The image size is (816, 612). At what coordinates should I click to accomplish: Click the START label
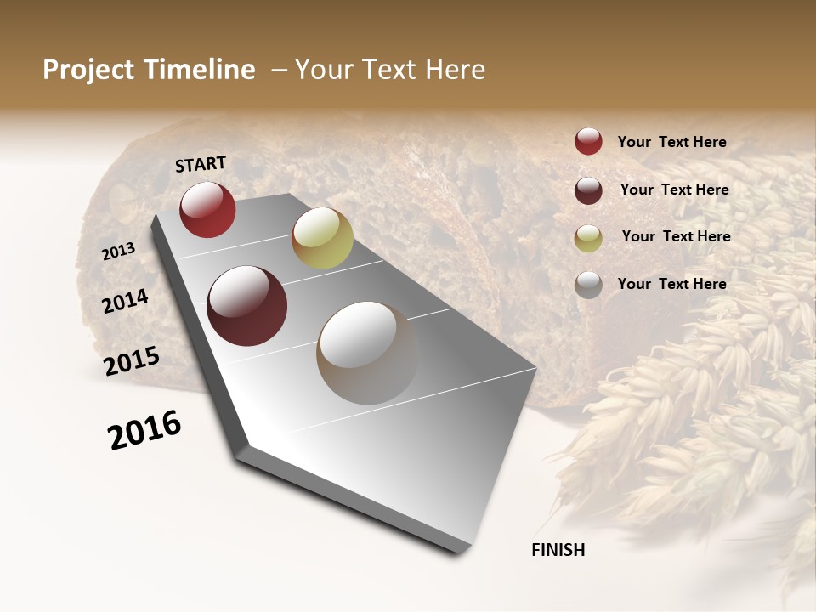pyautogui.click(x=201, y=164)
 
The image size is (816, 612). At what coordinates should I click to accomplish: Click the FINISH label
pyautogui.click(x=558, y=550)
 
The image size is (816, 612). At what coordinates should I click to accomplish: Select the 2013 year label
pyautogui.click(x=118, y=252)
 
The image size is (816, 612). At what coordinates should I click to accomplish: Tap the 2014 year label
pyautogui.click(x=125, y=301)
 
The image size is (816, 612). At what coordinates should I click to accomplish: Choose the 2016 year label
pyautogui.click(x=144, y=430)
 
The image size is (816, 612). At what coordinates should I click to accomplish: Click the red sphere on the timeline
pyautogui.click(x=207, y=210)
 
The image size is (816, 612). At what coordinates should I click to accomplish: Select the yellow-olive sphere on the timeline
pyautogui.click(x=322, y=238)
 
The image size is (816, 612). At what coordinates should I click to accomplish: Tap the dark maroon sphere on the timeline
pyautogui.click(x=246, y=306)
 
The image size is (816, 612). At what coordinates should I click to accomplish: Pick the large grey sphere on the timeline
pyautogui.click(x=367, y=353)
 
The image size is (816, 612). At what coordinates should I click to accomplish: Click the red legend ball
pyautogui.click(x=588, y=141)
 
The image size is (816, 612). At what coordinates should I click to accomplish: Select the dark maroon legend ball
pyautogui.click(x=588, y=190)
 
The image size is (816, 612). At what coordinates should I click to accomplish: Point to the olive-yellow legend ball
pyautogui.click(x=588, y=238)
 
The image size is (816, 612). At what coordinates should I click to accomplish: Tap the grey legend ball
pyautogui.click(x=588, y=285)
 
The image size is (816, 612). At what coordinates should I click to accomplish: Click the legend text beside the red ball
pyautogui.click(x=671, y=142)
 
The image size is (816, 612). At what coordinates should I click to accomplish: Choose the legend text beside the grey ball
pyautogui.click(x=671, y=284)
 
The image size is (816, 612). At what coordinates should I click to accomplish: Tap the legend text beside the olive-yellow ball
pyautogui.click(x=676, y=236)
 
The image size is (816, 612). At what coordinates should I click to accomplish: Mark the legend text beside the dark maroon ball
pyautogui.click(x=674, y=190)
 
